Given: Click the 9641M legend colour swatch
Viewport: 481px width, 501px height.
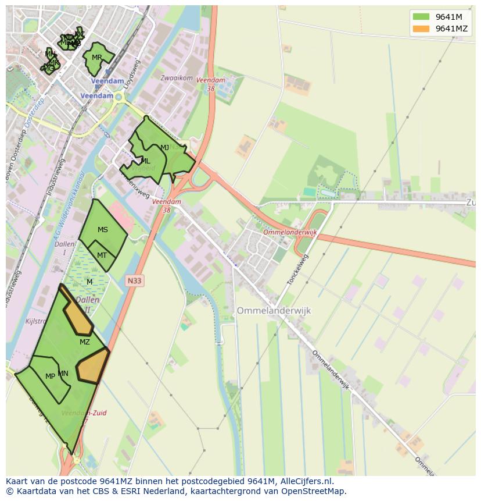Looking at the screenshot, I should click(x=421, y=16).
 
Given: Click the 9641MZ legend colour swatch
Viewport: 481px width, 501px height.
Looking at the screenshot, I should click(x=421, y=29).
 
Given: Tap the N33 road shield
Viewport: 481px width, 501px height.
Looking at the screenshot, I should click(x=134, y=280).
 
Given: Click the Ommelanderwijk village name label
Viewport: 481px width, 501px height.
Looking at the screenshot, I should click(x=274, y=311).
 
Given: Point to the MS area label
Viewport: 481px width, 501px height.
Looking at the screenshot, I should click(x=103, y=230).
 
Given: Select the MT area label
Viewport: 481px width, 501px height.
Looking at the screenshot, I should click(x=102, y=255).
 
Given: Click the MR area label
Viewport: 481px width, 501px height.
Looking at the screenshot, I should click(x=96, y=58).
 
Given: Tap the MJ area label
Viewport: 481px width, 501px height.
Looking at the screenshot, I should click(x=164, y=147).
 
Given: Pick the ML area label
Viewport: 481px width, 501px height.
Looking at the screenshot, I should click(x=145, y=161).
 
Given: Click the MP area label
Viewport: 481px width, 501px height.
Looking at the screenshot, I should click(x=50, y=376).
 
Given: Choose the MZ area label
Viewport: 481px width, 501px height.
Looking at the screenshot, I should click(x=85, y=342).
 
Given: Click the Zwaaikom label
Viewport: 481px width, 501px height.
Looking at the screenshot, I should click(x=177, y=77).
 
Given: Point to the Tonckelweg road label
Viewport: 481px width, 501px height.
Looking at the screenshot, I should click(x=297, y=269).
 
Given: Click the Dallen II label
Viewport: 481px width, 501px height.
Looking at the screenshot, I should click(x=87, y=305).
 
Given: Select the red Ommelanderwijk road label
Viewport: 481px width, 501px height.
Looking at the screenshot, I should click(x=290, y=232).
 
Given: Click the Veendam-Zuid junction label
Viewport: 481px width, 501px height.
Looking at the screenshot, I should click(x=84, y=413).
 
